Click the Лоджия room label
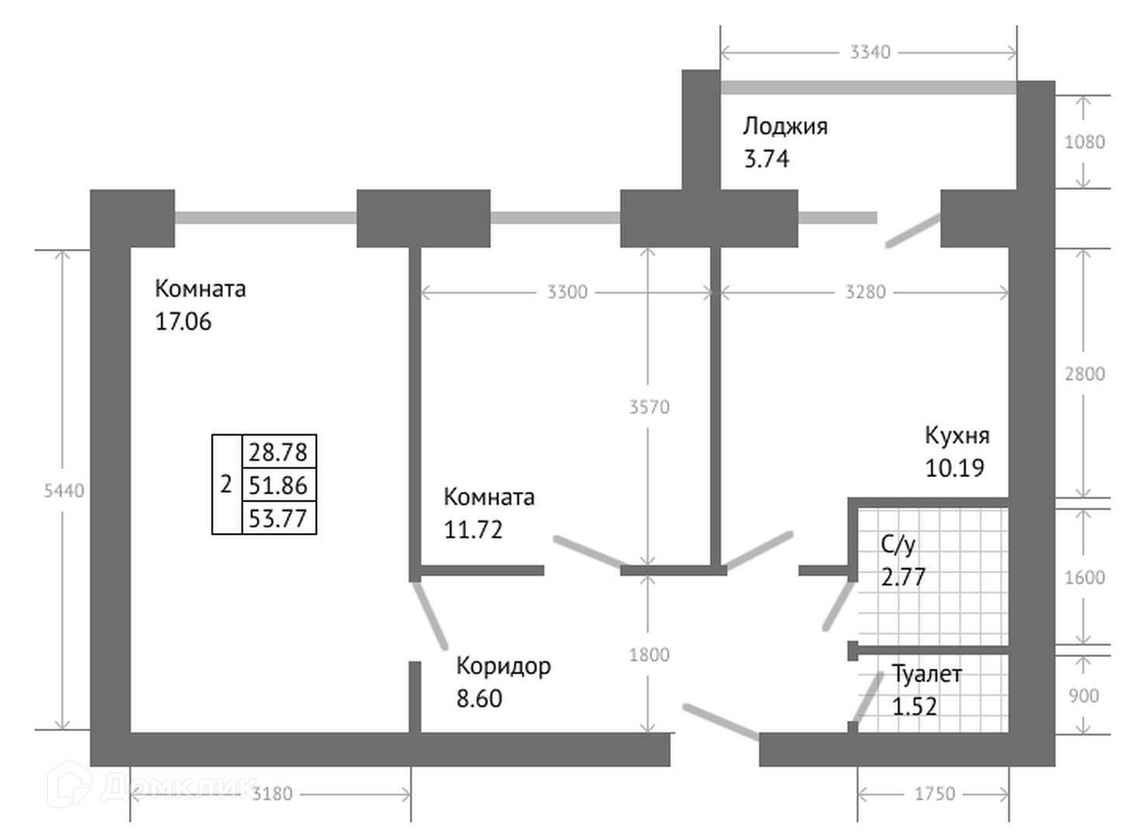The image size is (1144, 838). pos(785,126)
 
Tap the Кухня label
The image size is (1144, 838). pos(957,435)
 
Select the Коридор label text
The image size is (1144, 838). pos(503,666)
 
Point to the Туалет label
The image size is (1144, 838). pos(926,674)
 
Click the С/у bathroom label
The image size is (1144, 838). pos(898,545)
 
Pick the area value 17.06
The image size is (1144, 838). pos(183,321)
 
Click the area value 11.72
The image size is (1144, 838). pos(473,530)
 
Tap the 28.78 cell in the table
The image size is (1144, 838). pos(278,452)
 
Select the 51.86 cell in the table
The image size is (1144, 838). pos(278,485)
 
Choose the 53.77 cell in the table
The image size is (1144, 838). pos(278,518)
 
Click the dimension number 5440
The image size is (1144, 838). pos(64,490)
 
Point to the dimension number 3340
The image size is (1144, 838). pos(870,52)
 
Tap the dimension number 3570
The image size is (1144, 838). pos(649,407)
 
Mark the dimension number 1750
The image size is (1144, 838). pos(935,794)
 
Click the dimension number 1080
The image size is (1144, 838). pos(1084,142)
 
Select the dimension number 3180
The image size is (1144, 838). pos(273,794)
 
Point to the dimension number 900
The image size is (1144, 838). pos(1084,695)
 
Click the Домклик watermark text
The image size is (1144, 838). pos(178,787)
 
